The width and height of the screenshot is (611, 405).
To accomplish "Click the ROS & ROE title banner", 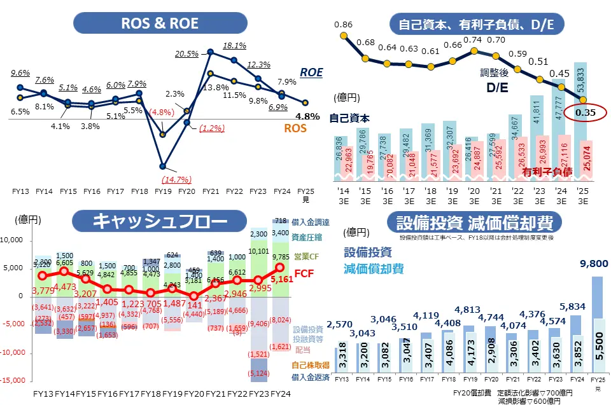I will click(x=160, y=24).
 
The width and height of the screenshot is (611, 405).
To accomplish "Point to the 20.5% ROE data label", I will click(x=186, y=53).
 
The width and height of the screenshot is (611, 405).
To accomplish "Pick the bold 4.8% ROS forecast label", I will click(x=307, y=116).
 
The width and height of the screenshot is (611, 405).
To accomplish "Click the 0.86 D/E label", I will click(x=343, y=25).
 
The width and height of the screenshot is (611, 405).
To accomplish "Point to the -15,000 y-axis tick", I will click(x=15, y=380).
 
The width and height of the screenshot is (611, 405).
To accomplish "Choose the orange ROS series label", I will click(x=295, y=128).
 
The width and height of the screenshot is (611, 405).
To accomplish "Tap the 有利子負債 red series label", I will click(x=547, y=172).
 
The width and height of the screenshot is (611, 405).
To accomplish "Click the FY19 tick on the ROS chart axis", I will click(x=163, y=191).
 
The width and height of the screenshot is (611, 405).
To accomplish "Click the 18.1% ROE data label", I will click(x=234, y=46).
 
